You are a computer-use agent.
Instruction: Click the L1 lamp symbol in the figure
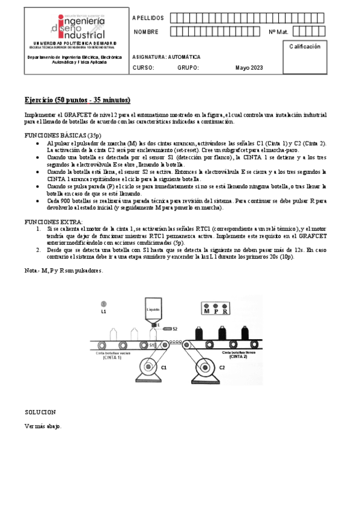103,304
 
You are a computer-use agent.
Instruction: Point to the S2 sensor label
175,329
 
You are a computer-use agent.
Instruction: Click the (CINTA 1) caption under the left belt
112,357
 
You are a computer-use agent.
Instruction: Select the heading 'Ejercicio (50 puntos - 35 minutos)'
78,99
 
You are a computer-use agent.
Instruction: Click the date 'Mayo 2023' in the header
249,67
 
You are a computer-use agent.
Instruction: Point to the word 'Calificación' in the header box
305,46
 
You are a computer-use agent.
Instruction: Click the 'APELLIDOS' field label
147,17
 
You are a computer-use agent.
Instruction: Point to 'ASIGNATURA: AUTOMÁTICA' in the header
166,57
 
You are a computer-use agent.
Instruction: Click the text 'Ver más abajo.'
43,426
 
